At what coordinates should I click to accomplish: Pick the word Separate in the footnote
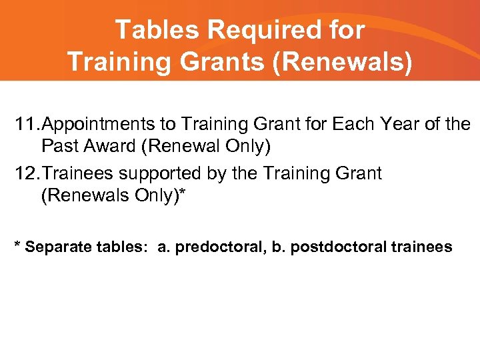[56, 247]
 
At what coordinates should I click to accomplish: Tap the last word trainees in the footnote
[421, 247]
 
